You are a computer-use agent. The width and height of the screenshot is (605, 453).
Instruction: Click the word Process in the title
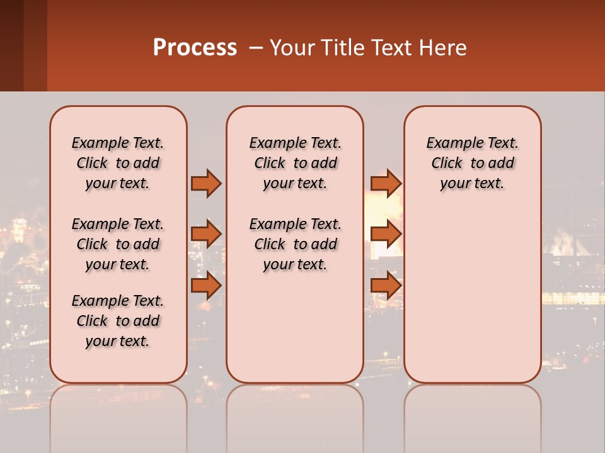coord(195,48)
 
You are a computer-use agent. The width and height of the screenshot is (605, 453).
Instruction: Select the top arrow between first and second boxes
coord(206,183)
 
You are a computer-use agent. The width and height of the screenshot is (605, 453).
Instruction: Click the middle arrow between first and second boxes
coord(206,234)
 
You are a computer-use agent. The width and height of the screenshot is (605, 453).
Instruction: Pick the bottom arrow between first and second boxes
coord(206,285)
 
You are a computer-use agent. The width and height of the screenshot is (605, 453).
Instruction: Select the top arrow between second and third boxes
coord(386,183)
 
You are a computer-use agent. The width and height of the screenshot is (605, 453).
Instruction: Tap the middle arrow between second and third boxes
coord(386,234)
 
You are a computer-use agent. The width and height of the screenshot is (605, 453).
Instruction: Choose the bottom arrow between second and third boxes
coord(386,285)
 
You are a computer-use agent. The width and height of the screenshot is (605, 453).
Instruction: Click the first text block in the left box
coord(118,163)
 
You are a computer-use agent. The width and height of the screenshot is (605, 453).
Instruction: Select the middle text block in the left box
coord(118,244)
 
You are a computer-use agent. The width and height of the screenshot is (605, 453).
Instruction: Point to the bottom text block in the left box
coord(118,321)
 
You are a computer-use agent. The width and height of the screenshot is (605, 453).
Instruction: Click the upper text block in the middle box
coord(295,163)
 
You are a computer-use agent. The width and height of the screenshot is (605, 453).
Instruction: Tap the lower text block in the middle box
coord(295,244)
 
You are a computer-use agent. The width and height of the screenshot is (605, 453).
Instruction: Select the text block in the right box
coord(473,163)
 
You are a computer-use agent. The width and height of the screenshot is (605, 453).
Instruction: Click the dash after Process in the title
coord(256,48)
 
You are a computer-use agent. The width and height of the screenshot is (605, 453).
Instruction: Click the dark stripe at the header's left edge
coord(11,45)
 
